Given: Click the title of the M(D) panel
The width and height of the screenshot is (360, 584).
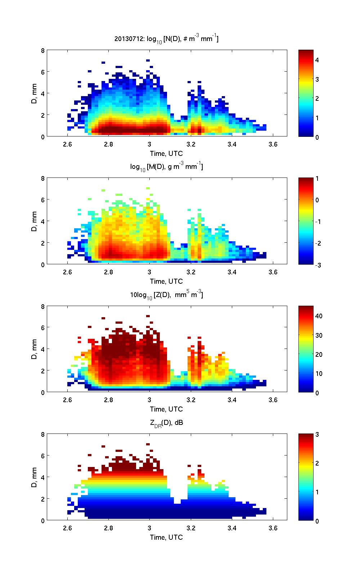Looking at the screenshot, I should coord(166,166).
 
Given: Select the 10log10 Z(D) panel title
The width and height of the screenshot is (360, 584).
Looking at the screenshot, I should coord(166,295).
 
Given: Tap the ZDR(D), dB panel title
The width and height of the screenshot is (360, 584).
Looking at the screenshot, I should coord(166,423).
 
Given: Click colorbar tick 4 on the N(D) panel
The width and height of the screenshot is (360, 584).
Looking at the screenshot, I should coord(317,60).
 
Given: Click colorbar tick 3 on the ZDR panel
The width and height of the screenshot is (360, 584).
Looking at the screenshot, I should coord(317,435).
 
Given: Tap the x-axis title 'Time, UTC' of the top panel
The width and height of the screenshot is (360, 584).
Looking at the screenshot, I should coord(166,154).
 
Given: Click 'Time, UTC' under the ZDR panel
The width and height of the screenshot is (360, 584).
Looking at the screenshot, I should coord(166,537).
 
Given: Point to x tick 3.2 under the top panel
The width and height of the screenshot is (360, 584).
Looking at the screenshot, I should coord(191,144).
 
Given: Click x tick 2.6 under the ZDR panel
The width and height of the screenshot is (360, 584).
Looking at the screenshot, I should coord(67,528).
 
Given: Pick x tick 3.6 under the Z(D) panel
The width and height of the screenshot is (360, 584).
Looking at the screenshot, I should coord(273,400).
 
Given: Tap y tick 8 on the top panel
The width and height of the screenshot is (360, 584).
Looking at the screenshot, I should coord(42,50).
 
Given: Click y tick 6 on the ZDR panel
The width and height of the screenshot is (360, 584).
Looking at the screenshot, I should coord(42,455).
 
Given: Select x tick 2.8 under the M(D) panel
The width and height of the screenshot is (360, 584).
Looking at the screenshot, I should coord(108,272).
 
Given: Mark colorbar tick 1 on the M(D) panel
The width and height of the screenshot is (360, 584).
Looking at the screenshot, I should coord(317,179).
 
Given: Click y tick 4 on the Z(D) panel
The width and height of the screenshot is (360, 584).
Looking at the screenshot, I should coord(42,349).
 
